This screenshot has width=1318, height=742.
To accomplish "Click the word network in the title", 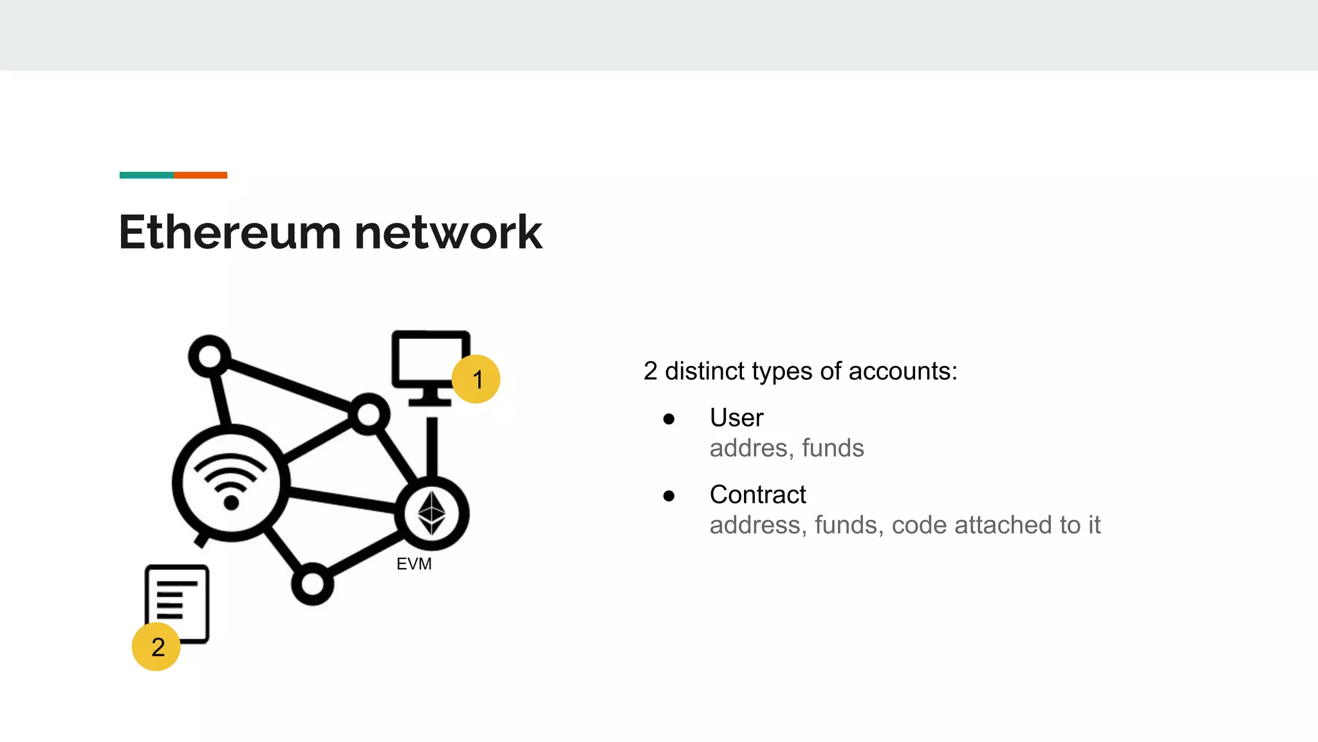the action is click(448, 233).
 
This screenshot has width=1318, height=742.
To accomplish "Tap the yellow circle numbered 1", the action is click(476, 379).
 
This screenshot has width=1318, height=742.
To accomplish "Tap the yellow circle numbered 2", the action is click(156, 647).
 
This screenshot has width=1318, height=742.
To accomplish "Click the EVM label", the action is click(414, 564).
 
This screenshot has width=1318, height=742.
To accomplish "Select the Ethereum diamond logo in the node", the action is click(432, 513).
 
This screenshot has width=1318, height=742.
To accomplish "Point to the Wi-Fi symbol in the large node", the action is click(230, 480).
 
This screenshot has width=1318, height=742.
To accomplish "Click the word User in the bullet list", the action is click(736, 418).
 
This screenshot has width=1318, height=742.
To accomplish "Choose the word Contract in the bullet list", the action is click(757, 495).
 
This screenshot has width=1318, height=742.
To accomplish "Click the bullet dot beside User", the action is click(669, 419).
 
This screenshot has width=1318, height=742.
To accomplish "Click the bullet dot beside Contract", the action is click(669, 496).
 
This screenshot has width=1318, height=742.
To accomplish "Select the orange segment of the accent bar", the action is click(200, 175).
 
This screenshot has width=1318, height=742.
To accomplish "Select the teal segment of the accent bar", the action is click(146, 175).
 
